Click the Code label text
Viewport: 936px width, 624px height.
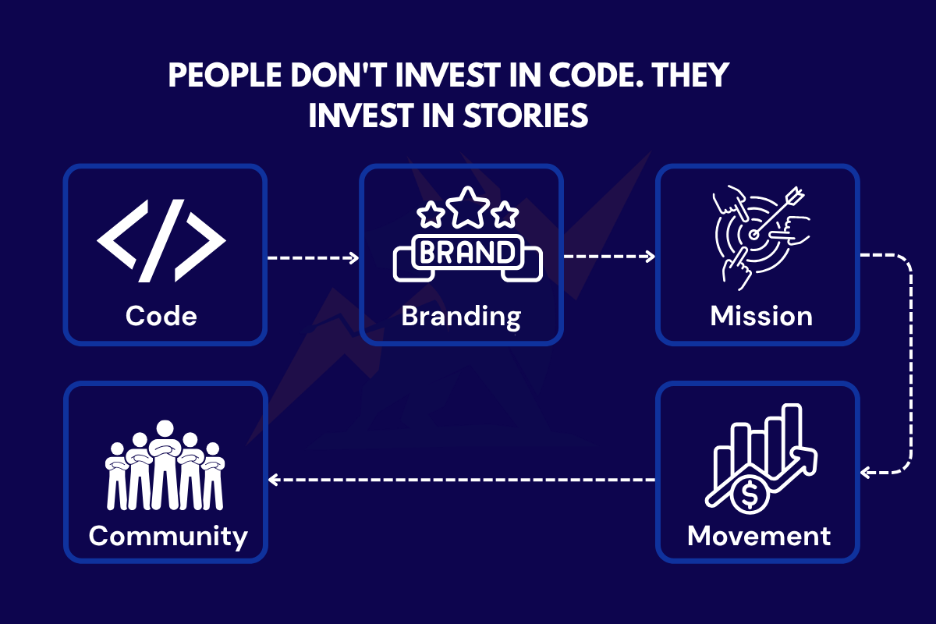[x=161, y=316]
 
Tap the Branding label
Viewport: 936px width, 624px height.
[x=460, y=316]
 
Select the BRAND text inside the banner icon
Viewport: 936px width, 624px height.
[x=467, y=253]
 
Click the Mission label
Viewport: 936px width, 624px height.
[x=761, y=316]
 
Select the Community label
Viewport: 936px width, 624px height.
[x=168, y=537]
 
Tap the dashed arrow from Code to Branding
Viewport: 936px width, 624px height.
[x=312, y=257]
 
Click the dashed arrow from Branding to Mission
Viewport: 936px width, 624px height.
[x=608, y=257]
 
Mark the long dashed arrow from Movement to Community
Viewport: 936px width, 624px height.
[x=460, y=479]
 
